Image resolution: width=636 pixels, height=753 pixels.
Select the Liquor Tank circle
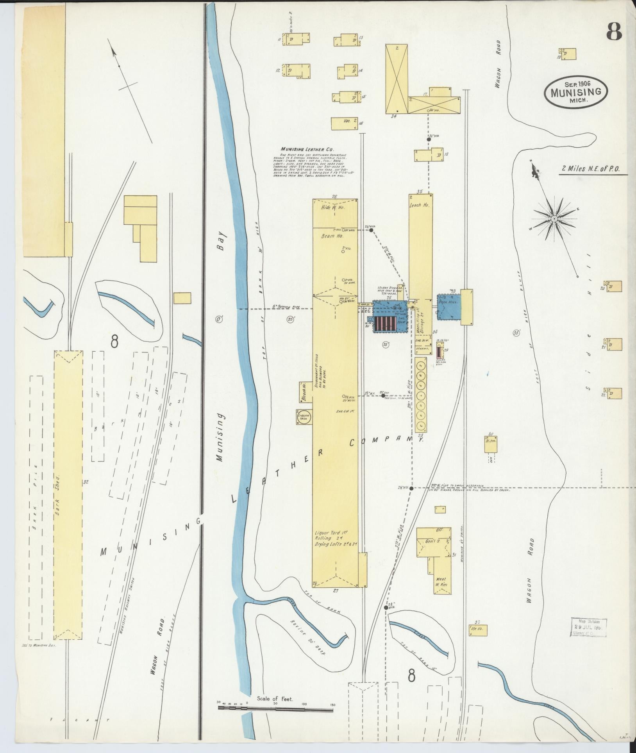point(304,416)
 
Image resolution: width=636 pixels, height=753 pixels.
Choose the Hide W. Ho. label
point(331,207)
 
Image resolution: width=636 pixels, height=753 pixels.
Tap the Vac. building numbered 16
point(344,123)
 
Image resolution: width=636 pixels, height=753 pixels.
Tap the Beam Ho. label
point(332,237)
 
